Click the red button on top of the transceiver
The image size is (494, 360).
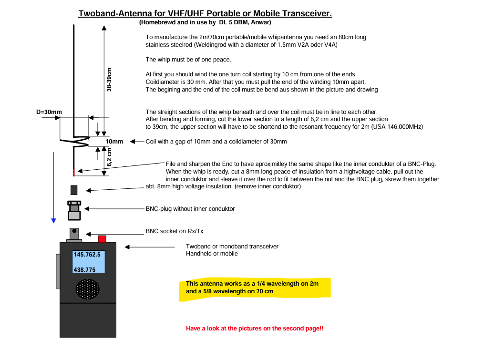click(102, 238)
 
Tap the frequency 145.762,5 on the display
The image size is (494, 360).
click(87, 255)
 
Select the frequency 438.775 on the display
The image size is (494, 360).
click(84, 270)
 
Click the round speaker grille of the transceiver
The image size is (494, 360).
click(87, 289)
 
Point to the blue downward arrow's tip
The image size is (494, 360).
click(54, 222)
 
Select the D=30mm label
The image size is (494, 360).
click(49, 112)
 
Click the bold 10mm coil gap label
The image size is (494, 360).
click(114, 142)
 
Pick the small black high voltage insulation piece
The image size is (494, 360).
click(74, 190)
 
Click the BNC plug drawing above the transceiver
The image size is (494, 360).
click(74, 210)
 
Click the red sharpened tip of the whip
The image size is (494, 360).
click(73, 171)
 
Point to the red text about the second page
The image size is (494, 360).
click(255, 329)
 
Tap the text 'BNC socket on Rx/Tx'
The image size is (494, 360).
click(175, 231)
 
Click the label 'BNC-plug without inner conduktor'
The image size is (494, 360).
click(190, 209)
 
